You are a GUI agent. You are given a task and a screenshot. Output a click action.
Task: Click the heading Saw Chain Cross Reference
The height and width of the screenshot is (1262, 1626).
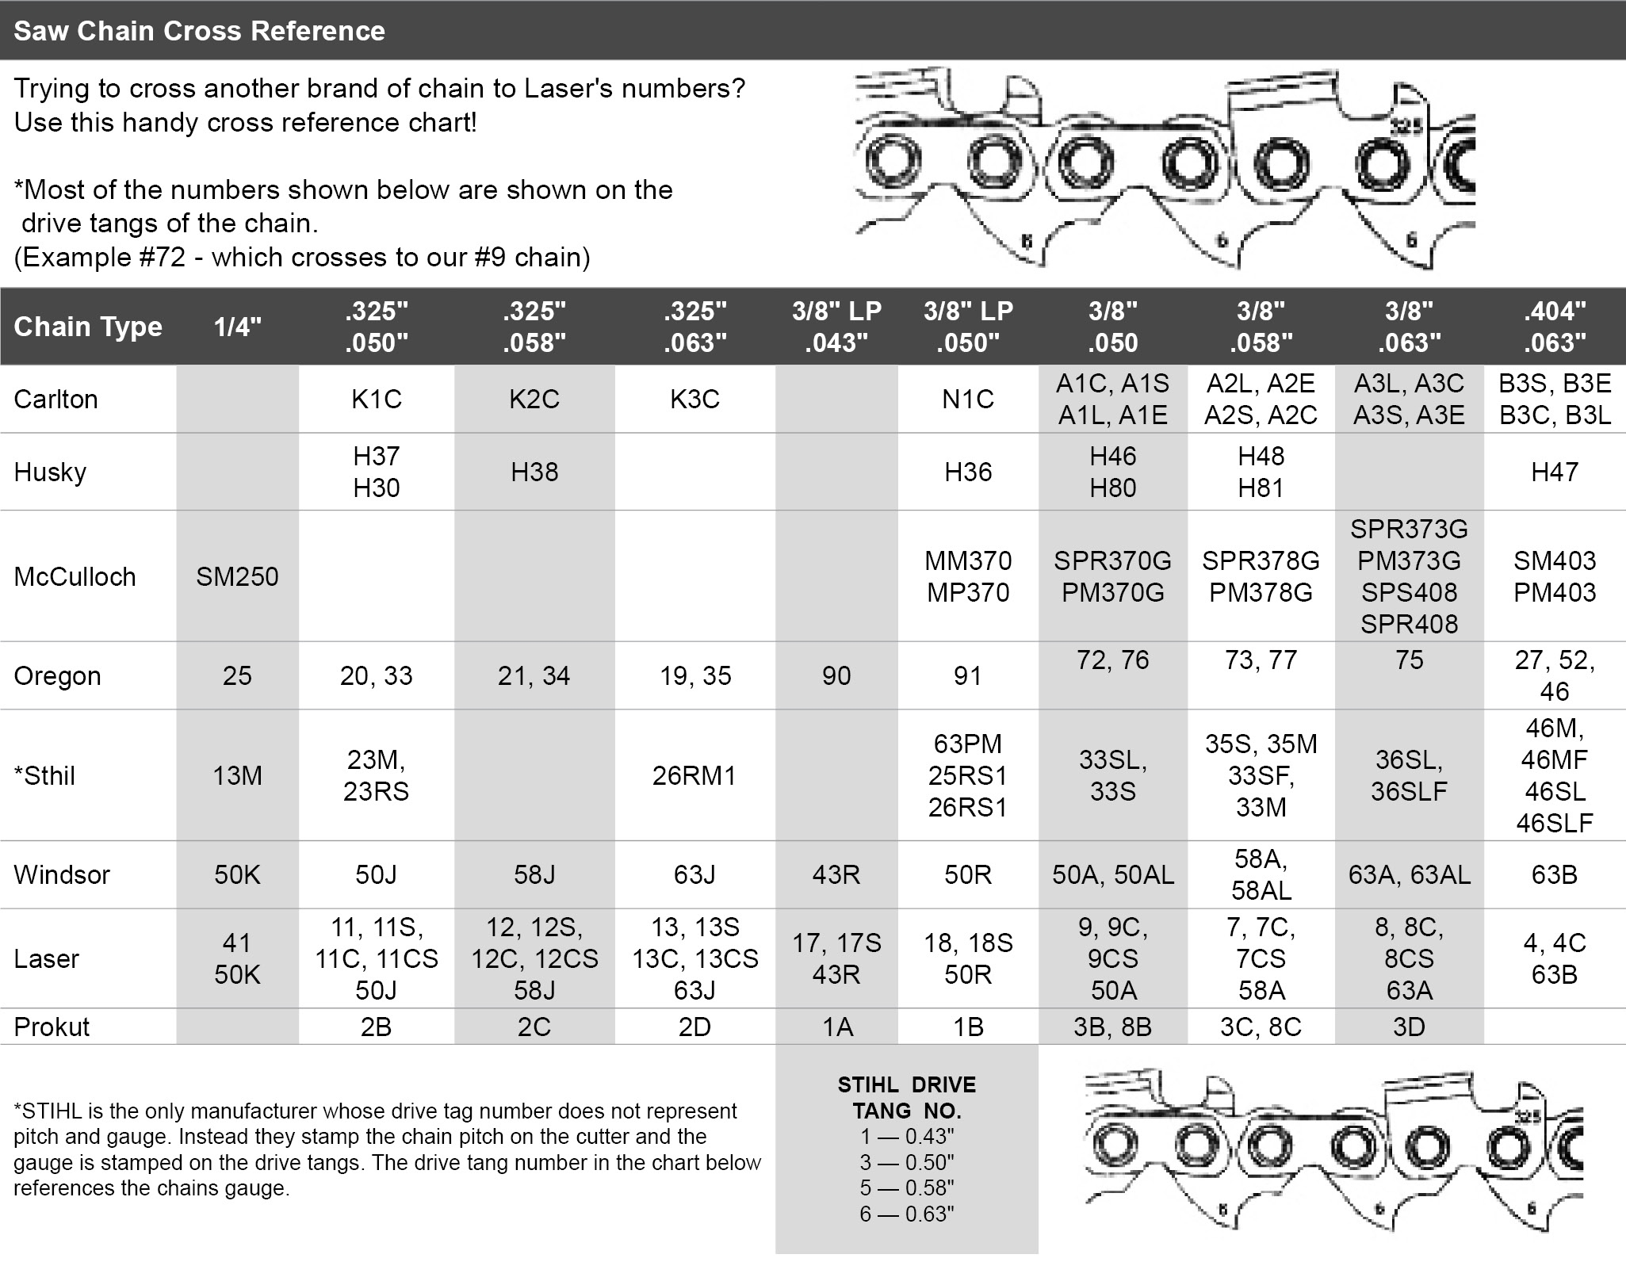pos(199,31)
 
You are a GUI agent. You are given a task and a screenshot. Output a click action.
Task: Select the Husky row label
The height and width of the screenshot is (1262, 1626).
pos(50,472)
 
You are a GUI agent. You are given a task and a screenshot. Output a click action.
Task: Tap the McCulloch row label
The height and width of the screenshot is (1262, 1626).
pos(75,576)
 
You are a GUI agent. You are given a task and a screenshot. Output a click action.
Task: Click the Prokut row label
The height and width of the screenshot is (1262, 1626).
pos(52,1027)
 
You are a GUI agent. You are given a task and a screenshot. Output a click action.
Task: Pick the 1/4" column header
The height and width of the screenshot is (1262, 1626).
pos(237,327)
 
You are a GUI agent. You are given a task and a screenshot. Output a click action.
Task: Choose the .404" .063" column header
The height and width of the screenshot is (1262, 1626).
pos(1554,327)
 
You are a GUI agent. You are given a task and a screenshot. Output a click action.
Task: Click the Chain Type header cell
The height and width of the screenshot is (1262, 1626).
pos(88,327)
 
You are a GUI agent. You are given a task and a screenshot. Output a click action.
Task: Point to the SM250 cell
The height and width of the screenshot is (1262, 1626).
pos(237,576)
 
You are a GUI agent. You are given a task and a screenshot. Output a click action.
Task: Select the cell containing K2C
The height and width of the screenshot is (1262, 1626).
pos(534,399)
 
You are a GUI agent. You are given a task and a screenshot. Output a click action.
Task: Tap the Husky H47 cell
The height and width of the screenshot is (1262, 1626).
pos(1554,472)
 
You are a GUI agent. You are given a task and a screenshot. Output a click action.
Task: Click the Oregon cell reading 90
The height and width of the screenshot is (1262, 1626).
pos(836,675)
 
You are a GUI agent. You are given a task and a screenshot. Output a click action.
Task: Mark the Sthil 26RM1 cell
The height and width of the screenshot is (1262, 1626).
pos(694,775)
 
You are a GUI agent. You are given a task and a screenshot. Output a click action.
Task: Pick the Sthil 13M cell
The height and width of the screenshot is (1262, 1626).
pos(237,775)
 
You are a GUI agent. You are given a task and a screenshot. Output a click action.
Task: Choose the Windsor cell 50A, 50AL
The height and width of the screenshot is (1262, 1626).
pos(1113,874)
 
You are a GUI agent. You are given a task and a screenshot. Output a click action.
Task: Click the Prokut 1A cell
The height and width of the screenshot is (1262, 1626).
pos(836,1027)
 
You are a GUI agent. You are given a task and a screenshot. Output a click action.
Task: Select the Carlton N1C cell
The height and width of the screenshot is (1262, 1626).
pos(967,399)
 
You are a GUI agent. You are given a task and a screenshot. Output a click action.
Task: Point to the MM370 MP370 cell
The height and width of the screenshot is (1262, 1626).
pos(967,576)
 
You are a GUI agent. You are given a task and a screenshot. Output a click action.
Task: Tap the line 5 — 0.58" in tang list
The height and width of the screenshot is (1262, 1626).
pos(907,1187)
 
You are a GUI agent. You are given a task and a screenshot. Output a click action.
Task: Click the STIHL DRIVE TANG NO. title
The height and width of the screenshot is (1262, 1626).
pos(907,1097)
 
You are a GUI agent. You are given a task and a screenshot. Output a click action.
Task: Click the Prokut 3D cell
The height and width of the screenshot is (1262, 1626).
pos(1409,1027)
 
